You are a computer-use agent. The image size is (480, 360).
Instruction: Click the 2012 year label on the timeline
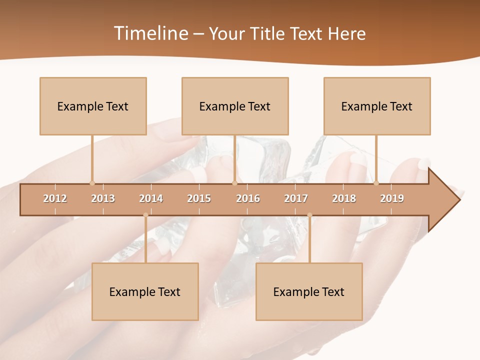55,198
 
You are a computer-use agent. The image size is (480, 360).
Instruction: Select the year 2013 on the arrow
103,198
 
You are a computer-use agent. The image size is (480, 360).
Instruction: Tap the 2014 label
151,198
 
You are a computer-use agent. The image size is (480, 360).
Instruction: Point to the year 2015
199,198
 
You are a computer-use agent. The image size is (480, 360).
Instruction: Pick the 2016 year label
248,198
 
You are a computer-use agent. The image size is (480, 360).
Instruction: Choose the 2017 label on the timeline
296,198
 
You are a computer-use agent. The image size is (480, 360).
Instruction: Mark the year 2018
344,198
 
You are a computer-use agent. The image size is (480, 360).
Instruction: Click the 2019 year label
392,198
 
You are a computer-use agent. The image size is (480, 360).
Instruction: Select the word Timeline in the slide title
150,33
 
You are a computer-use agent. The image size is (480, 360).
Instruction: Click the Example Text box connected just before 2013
93,106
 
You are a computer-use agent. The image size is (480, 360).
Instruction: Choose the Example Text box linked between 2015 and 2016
235,106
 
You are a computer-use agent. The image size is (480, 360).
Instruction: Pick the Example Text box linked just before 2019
377,106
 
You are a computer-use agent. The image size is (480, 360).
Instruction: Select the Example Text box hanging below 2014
145,291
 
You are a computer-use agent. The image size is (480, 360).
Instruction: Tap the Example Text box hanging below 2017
309,291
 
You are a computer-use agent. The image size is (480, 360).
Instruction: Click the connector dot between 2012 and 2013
92,183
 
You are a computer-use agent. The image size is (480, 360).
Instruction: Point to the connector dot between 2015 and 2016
234,183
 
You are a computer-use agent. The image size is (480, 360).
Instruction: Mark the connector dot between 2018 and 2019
376,183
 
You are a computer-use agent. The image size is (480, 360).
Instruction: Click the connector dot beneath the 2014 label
145,215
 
